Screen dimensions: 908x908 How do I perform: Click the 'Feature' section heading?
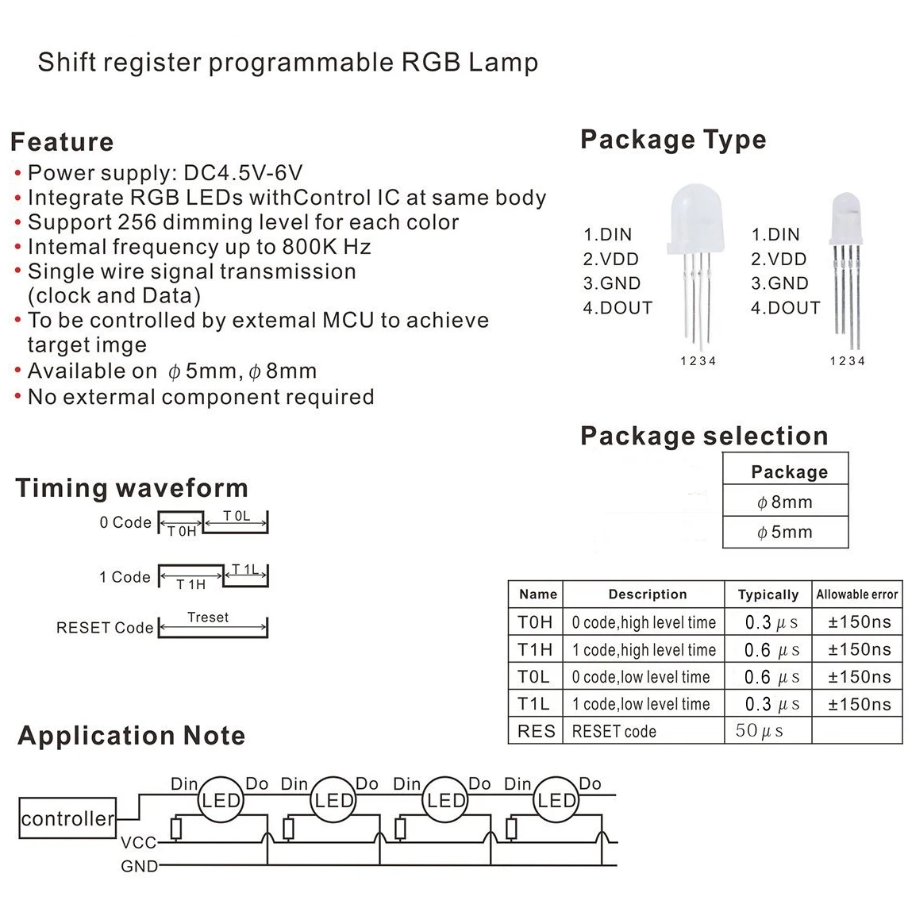point(62,142)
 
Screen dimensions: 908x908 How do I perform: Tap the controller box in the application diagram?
point(67,818)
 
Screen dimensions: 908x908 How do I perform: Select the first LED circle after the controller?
point(219,800)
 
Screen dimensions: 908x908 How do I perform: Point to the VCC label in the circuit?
point(139,843)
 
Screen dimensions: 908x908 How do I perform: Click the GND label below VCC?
point(139,866)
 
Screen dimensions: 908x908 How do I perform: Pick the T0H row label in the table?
point(535,622)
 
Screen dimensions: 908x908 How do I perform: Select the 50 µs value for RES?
point(759,730)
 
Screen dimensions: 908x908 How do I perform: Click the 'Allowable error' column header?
point(857,594)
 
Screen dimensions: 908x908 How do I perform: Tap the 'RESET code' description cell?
point(614,731)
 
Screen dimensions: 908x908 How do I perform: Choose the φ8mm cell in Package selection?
point(785,502)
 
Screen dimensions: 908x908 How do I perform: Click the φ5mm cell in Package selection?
point(785,533)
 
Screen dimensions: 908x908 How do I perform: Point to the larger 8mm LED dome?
point(691,218)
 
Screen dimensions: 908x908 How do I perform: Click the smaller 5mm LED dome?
point(845,218)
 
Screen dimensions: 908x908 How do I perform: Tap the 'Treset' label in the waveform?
point(208,618)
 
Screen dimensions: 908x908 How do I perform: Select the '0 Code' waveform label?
point(125,523)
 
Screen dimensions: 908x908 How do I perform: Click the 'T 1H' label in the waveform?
point(190,584)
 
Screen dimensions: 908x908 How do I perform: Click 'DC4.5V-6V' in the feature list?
point(243,173)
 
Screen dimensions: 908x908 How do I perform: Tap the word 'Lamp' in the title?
point(503,63)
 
